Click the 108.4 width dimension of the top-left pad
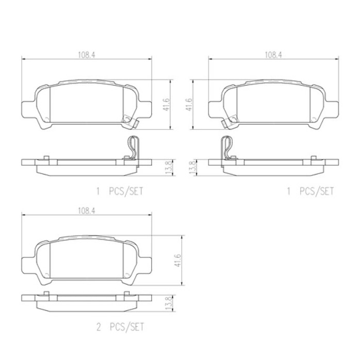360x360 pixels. (x=86, y=55)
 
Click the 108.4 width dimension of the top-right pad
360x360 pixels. (x=273, y=55)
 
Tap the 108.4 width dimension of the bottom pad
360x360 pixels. (x=86, y=211)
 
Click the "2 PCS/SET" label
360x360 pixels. (x=120, y=327)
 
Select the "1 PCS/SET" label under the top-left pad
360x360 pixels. (x=120, y=191)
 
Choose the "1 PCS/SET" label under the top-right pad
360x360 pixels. (x=311, y=191)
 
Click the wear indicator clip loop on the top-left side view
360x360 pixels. (x=134, y=146)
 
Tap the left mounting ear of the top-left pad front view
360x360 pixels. (x=27, y=108)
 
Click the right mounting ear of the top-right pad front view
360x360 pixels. (x=333, y=108)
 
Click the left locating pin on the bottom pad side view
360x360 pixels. (x=47, y=293)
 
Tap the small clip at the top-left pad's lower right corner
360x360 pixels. (x=130, y=121)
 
